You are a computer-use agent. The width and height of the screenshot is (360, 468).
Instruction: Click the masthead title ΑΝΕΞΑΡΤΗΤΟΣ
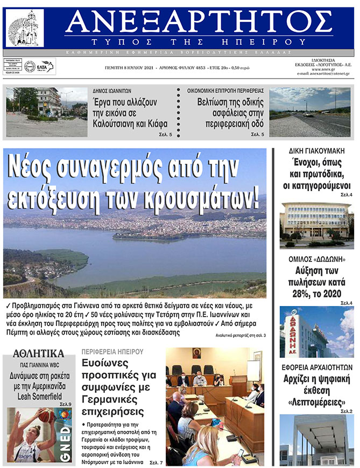pyautogui.click(x=199, y=22)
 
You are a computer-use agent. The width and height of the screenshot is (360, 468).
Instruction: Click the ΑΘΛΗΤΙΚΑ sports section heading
pyautogui.click(x=38, y=354)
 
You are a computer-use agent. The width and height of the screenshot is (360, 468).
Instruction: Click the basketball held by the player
pyautogui.click(x=47, y=415)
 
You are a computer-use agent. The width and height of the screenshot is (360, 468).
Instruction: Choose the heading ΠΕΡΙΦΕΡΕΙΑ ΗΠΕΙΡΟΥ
pyautogui.click(x=112, y=352)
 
